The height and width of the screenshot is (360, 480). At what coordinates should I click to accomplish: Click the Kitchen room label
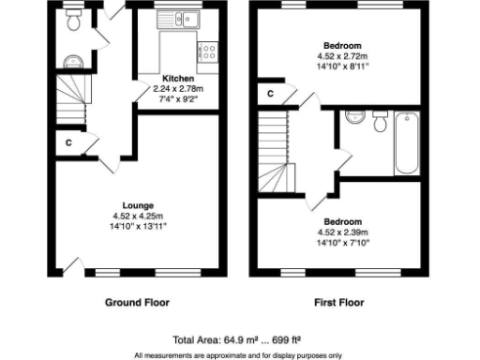(178, 78)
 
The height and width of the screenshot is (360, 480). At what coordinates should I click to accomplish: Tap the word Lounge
(138, 205)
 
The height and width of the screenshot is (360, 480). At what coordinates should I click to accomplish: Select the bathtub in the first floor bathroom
(406, 142)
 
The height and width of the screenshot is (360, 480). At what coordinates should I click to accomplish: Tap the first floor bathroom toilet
(379, 122)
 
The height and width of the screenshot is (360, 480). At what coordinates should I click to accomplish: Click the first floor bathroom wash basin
(353, 117)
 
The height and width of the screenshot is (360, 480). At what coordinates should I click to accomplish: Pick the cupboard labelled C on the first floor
(270, 93)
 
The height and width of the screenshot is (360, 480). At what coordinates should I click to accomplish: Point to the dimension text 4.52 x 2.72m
(342, 56)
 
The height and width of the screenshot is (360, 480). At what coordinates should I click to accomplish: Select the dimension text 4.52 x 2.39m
(342, 232)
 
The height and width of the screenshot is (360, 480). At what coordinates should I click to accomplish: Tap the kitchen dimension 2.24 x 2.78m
(178, 88)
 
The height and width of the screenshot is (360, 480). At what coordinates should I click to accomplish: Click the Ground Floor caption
(138, 303)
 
